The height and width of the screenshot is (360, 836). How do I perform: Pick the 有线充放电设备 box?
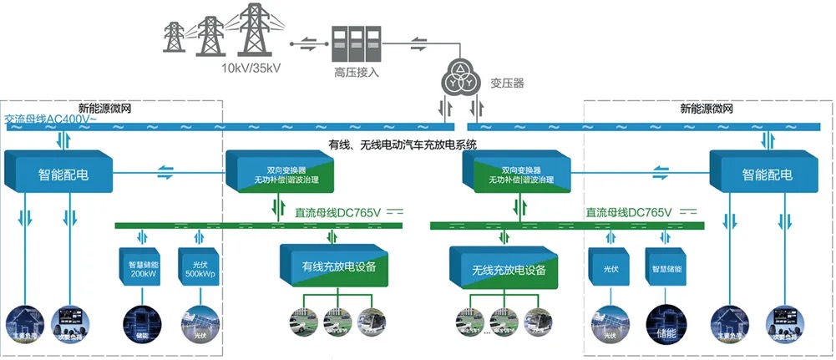point(338,266)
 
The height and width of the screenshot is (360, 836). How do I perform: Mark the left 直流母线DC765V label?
point(338,212)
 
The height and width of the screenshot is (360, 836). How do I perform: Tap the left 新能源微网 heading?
point(104,108)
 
